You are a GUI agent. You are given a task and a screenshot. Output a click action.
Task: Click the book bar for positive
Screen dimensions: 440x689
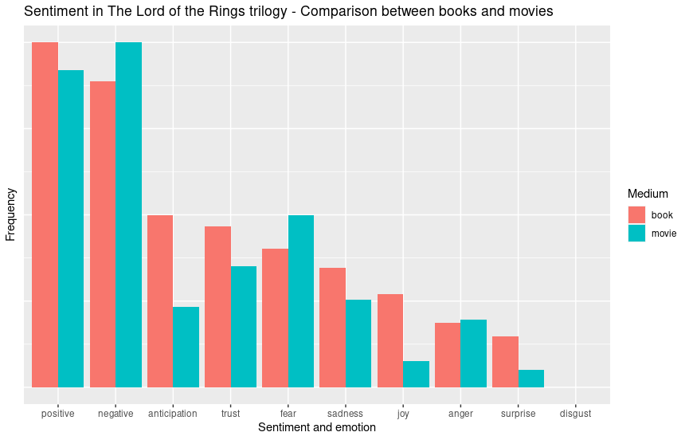point(45,214)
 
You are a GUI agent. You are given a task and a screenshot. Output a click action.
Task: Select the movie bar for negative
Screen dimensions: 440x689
point(128,214)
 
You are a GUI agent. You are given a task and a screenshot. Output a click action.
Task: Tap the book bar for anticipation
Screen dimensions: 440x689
point(160,301)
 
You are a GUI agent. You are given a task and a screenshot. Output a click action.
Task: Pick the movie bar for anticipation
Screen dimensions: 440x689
point(186,347)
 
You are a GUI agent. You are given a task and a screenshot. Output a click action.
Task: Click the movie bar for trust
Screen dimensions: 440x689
point(243,326)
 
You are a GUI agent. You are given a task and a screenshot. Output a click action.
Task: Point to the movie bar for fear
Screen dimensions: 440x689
point(300,301)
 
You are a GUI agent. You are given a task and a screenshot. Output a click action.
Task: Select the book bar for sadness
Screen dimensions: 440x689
point(332,327)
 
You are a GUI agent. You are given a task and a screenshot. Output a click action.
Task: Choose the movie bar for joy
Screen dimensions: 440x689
point(416,374)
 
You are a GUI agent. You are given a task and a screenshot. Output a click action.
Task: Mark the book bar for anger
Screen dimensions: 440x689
point(448,355)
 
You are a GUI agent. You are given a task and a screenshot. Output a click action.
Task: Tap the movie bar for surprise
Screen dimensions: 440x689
point(530,378)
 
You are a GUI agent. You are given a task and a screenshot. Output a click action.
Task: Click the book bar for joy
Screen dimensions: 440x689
point(390,340)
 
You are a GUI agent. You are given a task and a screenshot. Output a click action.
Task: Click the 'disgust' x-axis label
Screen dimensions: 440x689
point(575,414)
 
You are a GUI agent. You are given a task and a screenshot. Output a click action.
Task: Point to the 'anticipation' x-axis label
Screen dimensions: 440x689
point(173,414)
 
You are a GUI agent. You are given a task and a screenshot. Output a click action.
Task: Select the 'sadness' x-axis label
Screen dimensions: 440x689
point(345,414)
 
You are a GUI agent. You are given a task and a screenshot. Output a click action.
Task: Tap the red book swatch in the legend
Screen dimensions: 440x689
point(636,214)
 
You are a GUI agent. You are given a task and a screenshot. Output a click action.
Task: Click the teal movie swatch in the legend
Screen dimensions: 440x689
point(636,234)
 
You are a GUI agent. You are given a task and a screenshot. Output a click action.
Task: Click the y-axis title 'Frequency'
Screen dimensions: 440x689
point(10,214)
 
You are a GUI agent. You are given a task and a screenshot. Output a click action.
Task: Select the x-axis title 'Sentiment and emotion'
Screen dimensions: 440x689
point(317,428)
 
